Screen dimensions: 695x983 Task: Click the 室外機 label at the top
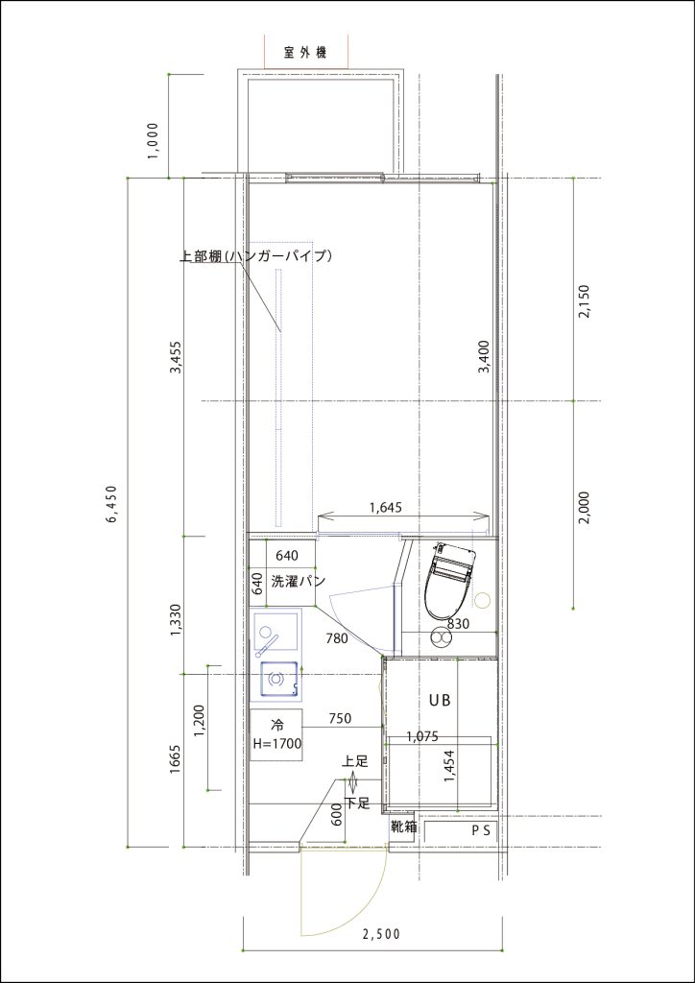pos(305,53)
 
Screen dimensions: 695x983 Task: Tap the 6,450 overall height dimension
pos(112,503)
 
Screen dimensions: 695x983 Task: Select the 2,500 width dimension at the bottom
pos(381,935)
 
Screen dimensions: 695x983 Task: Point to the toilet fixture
pos(449,580)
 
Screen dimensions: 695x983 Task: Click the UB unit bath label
pos(440,700)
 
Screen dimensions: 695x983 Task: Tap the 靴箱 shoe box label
pos(403,827)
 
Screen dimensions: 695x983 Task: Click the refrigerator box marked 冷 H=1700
pos(276,734)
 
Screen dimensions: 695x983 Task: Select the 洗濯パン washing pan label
pos(297,581)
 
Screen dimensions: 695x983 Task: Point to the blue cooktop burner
pos(277,679)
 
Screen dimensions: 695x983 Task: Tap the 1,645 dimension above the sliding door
pos(384,507)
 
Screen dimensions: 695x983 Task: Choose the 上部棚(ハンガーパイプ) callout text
pos(255,256)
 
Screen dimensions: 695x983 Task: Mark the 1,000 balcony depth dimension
pos(155,141)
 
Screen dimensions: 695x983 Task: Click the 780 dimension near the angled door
pos(337,638)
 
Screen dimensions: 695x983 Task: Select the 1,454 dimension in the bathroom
pos(448,766)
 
